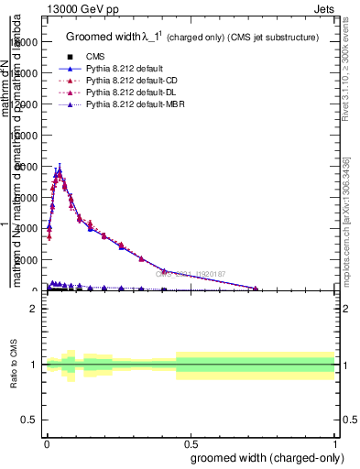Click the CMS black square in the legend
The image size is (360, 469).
(71, 57)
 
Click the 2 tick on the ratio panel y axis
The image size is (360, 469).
(34, 309)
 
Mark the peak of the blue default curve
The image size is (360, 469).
(59, 169)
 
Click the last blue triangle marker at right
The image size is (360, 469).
(256, 289)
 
